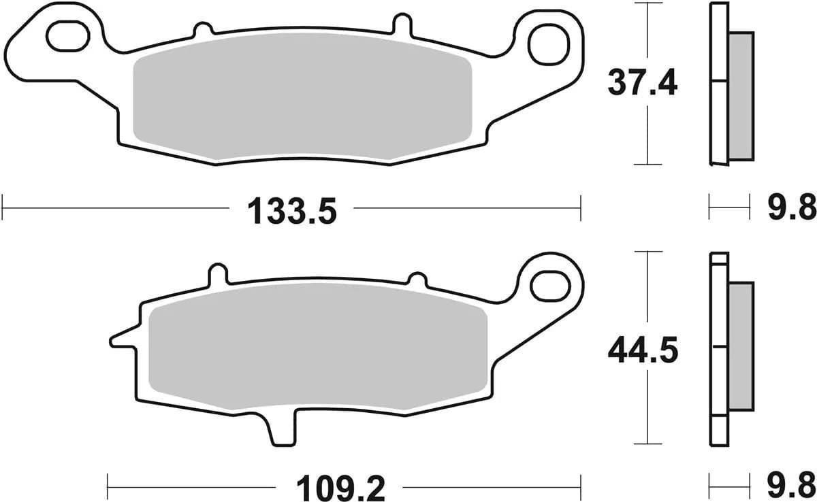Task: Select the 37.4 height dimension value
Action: pyautogui.click(x=642, y=84)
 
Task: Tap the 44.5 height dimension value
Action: pyautogui.click(x=643, y=352)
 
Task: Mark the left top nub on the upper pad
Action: pyautogui.click(x=202, y=30)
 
